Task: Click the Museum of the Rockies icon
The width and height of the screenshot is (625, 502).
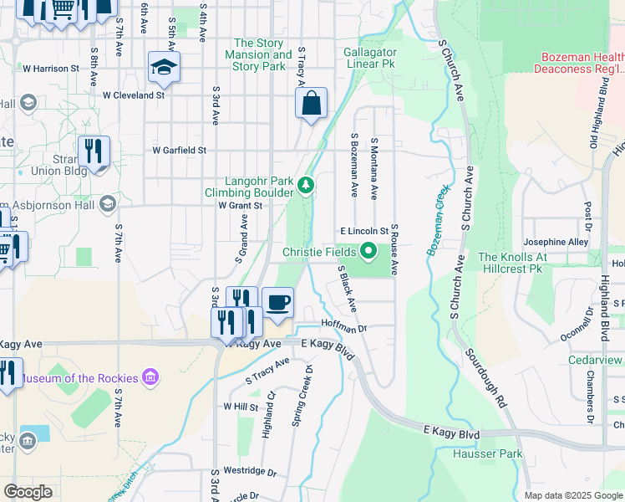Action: pos(150,378)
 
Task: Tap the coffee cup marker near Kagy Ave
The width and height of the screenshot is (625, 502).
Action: pos(277,302)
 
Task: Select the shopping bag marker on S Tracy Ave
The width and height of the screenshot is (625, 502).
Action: pos(311,104)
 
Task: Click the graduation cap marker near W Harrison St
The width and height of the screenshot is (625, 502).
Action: pos(164,67)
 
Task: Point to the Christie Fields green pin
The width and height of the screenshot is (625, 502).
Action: pos(368,251)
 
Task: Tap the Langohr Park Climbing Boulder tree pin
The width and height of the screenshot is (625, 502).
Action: pos(307,185)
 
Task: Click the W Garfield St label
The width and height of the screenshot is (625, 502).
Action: pos(179,151)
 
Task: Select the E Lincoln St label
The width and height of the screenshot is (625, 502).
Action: pos(364,231)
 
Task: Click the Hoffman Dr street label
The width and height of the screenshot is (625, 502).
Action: pos(344,329)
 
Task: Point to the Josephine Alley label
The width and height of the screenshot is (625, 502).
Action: pos(556,243)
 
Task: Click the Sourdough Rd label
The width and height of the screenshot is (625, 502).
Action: pos(487,378)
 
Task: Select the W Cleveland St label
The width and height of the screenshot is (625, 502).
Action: pos(134,95)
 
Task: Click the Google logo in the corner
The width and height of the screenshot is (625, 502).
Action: pos(28,492)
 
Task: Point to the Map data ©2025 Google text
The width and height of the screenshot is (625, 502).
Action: pos(572,495)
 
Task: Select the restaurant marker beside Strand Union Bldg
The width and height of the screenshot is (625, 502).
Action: pos(93,151)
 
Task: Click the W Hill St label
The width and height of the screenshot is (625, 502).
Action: pos(241,407)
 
